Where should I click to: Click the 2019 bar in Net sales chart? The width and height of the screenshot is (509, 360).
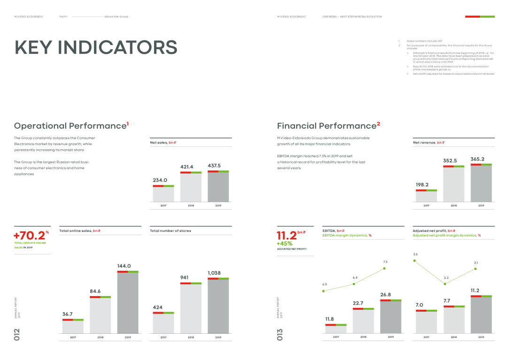(x=218, y=186)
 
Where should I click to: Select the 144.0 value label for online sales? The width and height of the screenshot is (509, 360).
(x=124, y=266)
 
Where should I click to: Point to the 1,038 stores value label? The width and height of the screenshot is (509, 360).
(x=214, y=273)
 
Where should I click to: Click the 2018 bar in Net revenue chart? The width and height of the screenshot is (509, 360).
(x=454, y=184)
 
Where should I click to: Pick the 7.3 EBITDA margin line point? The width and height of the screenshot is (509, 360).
(x=385, y=268)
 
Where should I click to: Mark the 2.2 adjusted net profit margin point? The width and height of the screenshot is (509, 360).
(x=445, y=284)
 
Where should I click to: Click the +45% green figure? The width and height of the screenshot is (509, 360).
(x=285, y=244)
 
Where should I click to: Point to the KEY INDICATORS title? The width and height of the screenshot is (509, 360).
(x=96, y=48)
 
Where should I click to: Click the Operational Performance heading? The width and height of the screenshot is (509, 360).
(x=71, y=126)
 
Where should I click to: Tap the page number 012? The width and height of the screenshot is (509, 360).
(x=17, y=334)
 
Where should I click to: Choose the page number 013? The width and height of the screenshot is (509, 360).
(x=280, y=334)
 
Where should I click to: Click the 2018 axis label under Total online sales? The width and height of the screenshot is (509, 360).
(x=100, y=337)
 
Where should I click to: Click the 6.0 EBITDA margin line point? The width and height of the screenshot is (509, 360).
(x=324, y=291)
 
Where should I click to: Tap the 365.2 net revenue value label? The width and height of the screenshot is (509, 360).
(x=481, y=159)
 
